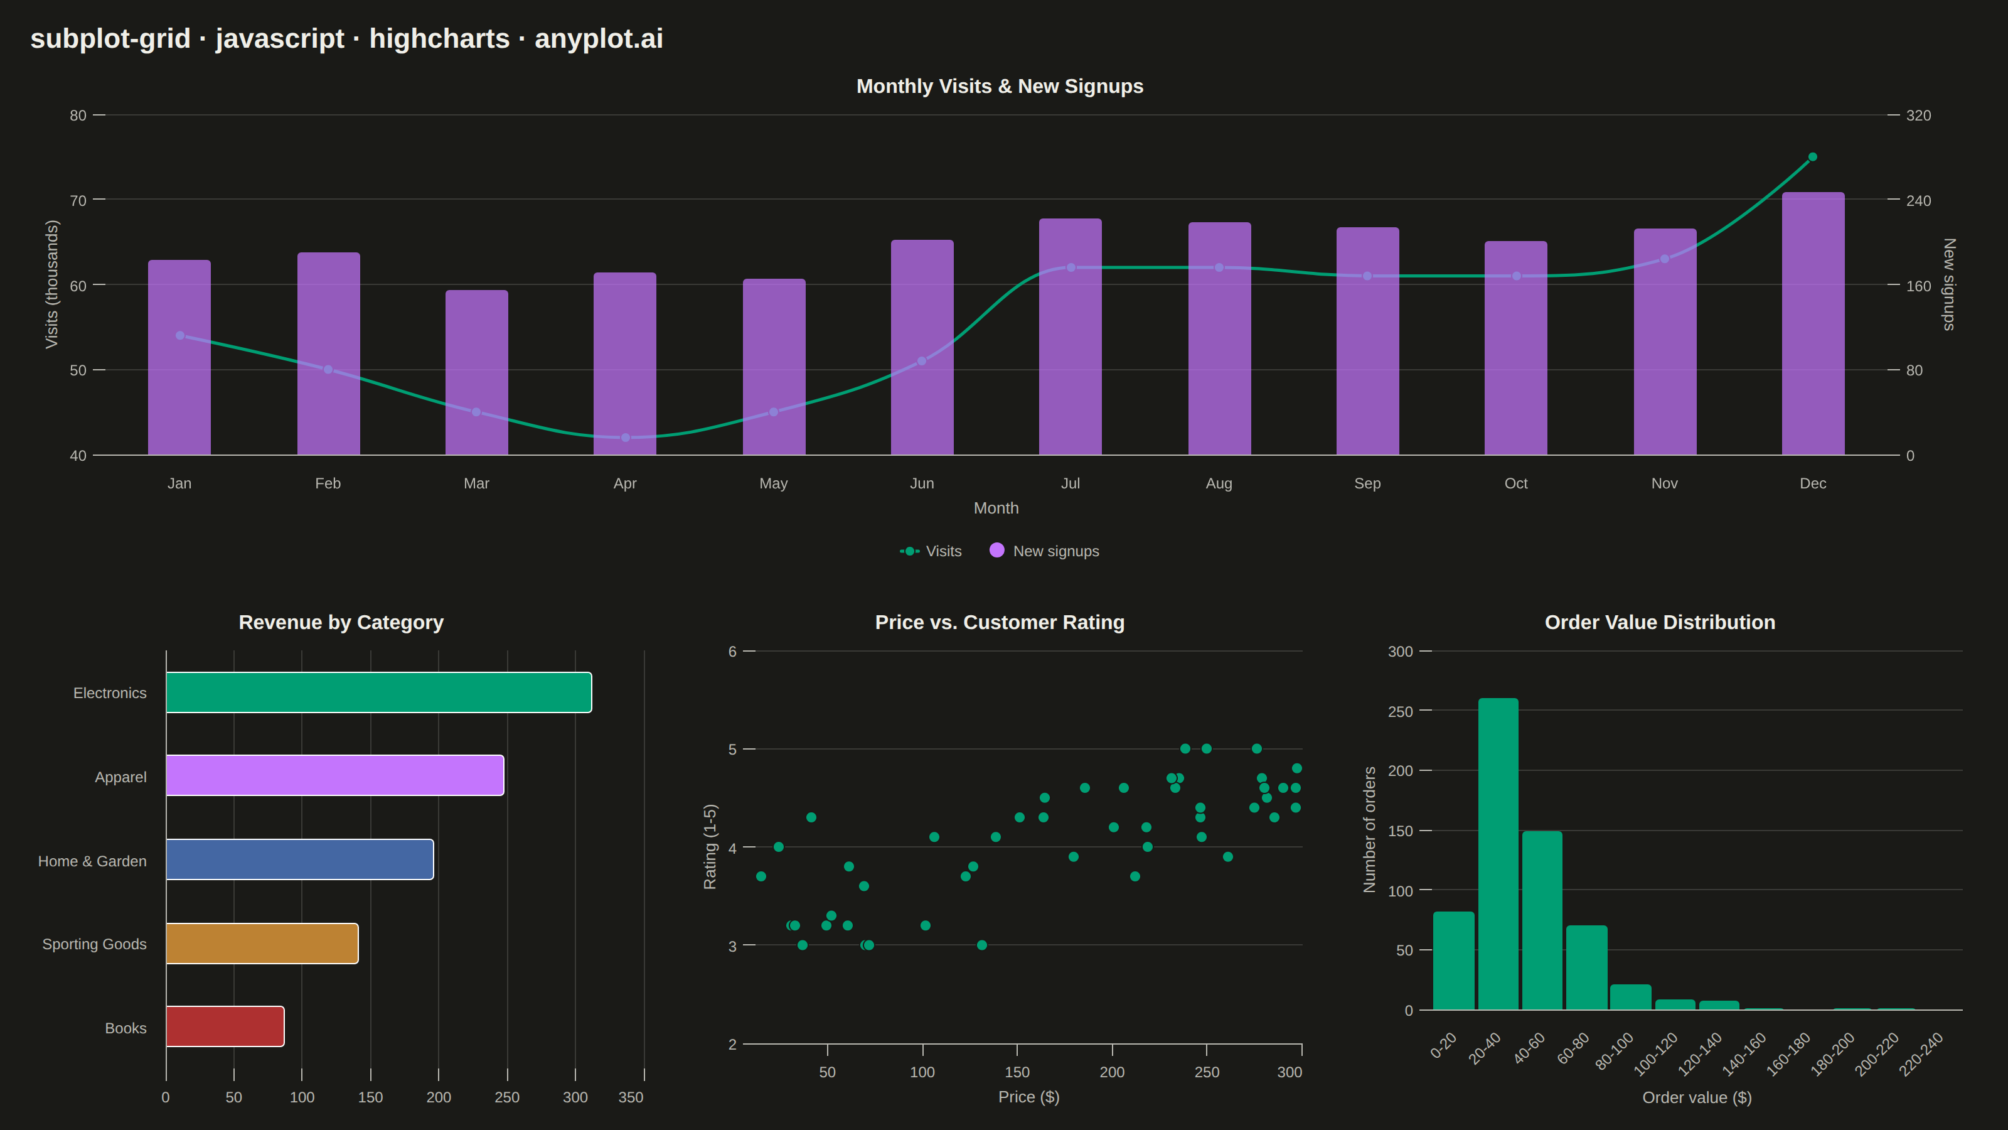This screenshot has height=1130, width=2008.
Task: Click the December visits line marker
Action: point(1812,157)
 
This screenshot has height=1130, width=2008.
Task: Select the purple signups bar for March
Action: point(476,373)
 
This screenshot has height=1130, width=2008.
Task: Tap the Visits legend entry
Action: point(931,551)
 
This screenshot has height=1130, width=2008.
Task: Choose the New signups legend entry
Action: point(1045,551)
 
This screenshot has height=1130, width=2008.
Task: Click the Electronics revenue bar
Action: point(379,692)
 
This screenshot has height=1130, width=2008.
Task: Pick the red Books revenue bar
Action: point(225,1026)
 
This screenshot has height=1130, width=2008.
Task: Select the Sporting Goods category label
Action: point(94,944)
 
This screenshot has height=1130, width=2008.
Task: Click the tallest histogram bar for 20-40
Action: point(1498,854)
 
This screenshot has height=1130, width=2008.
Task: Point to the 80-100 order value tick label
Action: point(1615,1052)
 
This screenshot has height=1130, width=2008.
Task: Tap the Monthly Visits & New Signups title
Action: point(1000,87)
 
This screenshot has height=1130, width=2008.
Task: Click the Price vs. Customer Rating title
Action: point(1000,622)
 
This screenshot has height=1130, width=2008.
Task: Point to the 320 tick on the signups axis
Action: point(1918,116)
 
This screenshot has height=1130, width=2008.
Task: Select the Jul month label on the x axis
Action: point(1071,483)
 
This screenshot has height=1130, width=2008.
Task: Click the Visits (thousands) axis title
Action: point(51,284)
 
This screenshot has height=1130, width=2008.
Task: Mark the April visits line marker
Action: point(625,438)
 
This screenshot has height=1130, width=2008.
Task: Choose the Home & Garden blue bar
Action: point(300,859)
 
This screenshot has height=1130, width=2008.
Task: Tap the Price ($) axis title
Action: point(1029,1097)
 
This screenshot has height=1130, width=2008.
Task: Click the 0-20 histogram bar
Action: point(1454,960)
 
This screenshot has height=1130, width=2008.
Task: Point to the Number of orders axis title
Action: point(1370,830)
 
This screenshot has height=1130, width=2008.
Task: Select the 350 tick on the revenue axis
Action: point(631,1097)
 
